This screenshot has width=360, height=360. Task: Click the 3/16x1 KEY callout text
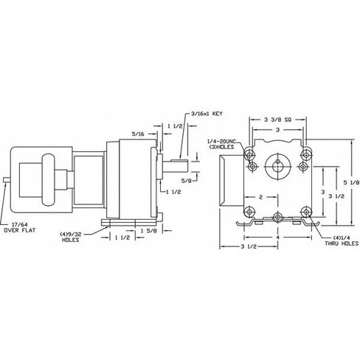tap(207, 114)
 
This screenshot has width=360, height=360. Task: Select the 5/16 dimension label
tap(138, 134)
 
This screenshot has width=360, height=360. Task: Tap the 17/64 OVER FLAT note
tap(20, 227)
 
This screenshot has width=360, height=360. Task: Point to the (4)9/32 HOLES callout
tap(71, 237)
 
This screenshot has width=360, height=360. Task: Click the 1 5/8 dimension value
tap(149, 231)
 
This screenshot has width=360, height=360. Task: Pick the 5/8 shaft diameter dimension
tap(186, 181)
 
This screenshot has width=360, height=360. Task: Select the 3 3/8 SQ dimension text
tap(278, 120)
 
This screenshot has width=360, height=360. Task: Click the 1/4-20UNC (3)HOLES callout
tap(221, 144)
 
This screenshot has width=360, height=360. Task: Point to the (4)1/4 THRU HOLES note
tap(342, 240)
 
